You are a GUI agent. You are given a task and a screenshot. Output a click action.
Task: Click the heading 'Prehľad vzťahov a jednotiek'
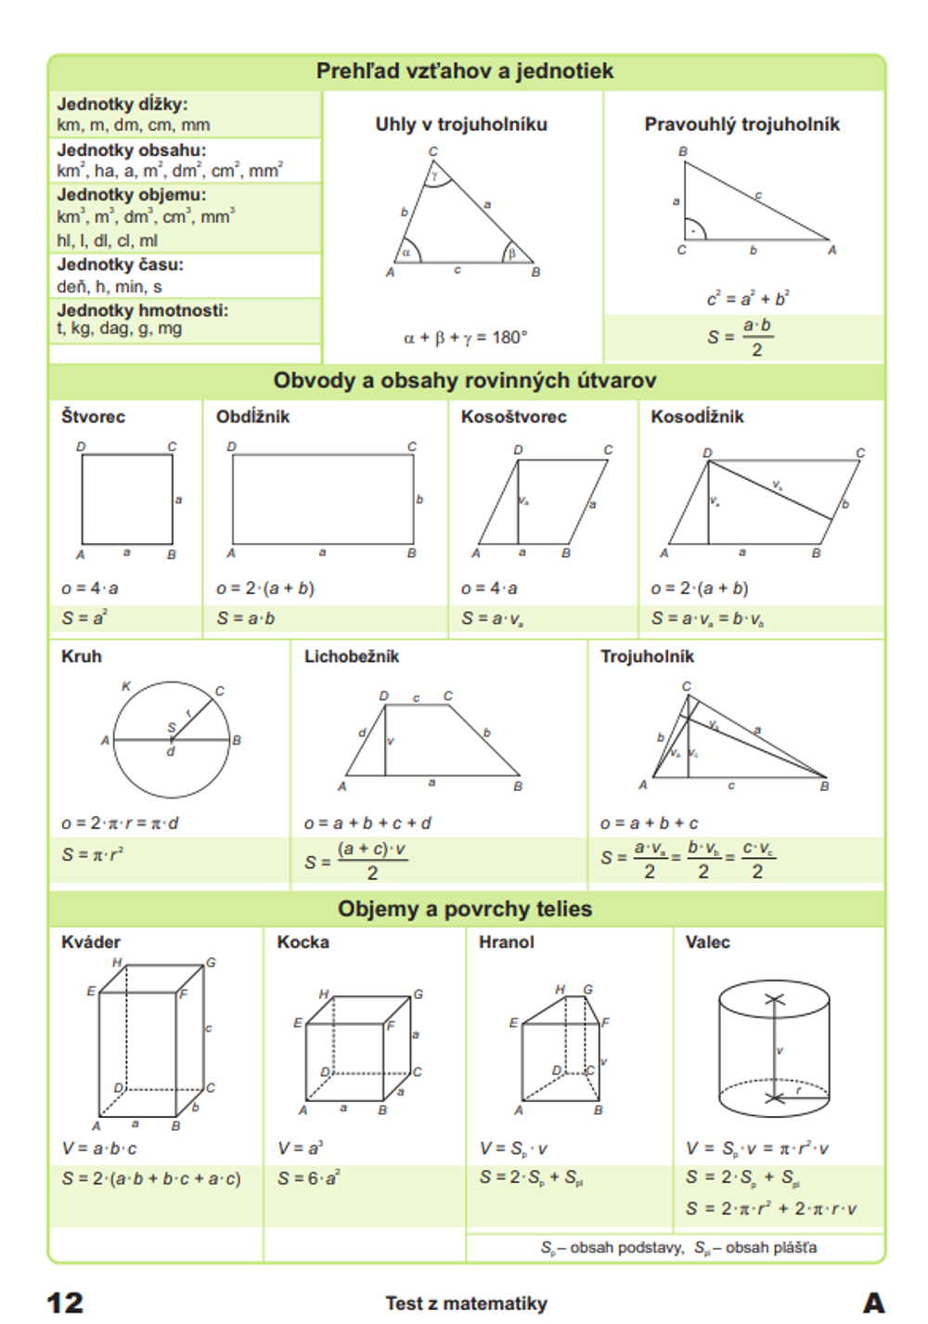coord(464,71)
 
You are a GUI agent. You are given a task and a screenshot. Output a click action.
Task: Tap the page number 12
coord(65,1303)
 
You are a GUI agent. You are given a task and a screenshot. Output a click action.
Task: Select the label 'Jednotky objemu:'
coord(132,195)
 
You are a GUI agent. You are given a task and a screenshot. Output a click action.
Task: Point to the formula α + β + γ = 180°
coord(465,338)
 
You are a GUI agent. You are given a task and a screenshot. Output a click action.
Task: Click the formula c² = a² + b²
coord(747,299)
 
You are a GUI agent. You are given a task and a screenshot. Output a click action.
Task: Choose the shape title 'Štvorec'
coord(93,417)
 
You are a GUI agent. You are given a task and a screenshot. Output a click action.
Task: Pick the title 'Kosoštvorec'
coord(513,417)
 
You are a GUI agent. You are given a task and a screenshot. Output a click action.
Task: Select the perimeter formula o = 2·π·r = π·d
coord(120,824)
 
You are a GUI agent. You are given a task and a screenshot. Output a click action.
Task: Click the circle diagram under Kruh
coord(172,740)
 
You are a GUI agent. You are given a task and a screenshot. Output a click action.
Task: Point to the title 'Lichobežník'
coord(352,656)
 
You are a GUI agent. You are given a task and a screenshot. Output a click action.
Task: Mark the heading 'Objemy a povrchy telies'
coord(464,909)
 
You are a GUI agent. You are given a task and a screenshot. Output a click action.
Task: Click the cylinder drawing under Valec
coord(774,1048)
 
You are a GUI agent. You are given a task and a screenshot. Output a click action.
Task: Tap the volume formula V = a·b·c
coord(99,1149)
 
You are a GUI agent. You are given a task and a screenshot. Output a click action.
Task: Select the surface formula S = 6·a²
coord(309,1178)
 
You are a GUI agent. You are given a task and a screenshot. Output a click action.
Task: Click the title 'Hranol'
coord(507,942)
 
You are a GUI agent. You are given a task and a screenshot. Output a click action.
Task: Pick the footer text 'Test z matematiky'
coord(466,1304)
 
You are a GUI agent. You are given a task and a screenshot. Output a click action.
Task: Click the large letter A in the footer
coord(873,1303)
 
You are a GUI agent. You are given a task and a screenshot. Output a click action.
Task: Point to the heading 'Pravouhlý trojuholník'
coord(741,124)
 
